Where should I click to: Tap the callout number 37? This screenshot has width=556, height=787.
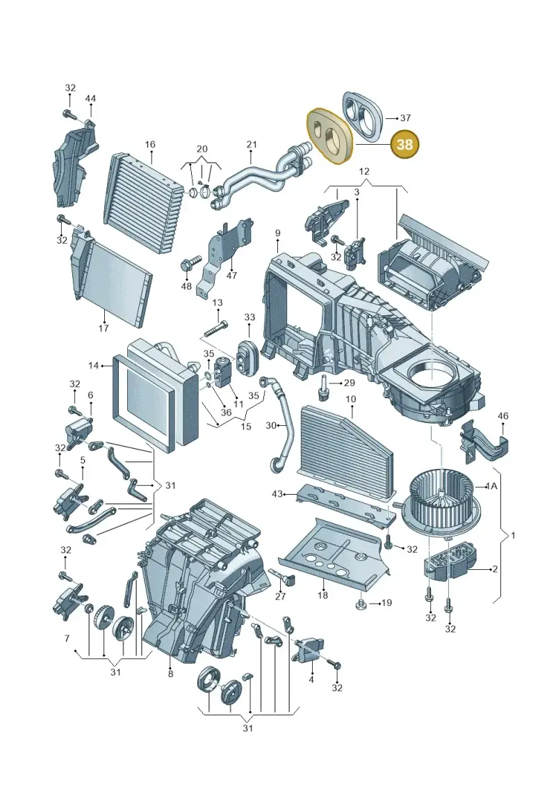point(405,118)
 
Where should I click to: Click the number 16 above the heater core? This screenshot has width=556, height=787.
point(150,145)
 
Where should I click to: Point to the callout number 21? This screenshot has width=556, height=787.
point(252,145)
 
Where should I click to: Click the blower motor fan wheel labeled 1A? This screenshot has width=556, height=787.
point(442,503)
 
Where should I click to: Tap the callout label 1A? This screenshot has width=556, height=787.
point(491,486)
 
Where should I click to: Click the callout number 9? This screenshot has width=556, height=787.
point(277,233)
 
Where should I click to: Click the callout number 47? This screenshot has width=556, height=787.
point(231,276)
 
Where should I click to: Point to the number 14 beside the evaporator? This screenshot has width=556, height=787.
point(94,365)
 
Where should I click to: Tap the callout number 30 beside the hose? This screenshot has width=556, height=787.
point(271,426)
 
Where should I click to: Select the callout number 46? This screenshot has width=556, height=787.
point(503,415)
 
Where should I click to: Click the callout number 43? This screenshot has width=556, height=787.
point(277,494)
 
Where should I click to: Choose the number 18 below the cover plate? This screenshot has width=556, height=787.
point(322,595)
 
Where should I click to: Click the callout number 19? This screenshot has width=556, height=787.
point(386,603)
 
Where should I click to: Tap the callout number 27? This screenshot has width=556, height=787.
point(280,596)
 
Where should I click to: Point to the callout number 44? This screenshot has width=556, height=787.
point(90,98)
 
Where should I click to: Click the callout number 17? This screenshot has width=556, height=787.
point(104,328)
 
